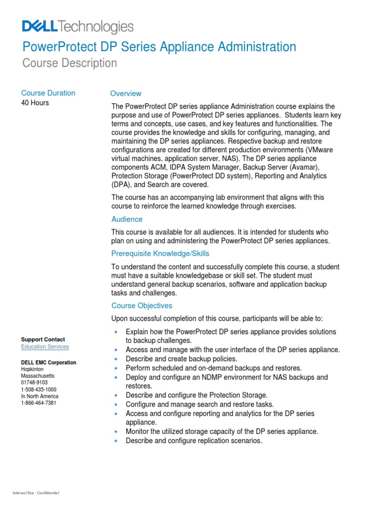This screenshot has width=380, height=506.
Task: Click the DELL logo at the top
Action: click(40, 27)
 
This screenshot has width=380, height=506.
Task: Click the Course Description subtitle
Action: click(70, 63)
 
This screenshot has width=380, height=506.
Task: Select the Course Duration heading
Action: click(48, 93)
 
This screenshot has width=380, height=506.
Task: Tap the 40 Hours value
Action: click(35, 103)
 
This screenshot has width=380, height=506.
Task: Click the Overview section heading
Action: click(126, 93)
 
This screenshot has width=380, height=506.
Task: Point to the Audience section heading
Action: click(127, 219)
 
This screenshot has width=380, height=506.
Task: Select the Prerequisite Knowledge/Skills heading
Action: click(160, 253)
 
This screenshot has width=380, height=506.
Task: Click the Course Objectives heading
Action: click(142, 305)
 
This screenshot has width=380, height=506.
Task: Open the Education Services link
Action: click(45, 347)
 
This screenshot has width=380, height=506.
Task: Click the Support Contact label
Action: click(43, 339)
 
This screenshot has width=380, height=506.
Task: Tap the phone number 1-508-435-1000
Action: click(39, 389)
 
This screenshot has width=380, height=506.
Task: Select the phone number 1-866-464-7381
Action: click(39, 403)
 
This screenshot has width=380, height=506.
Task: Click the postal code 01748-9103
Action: click(34, 382)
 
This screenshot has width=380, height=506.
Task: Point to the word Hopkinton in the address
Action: click(33, 369)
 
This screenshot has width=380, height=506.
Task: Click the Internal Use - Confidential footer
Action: click(36, 493)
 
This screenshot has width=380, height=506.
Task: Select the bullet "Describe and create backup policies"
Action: click(181, 359)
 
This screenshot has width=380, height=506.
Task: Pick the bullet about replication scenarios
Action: click(193, 440)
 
